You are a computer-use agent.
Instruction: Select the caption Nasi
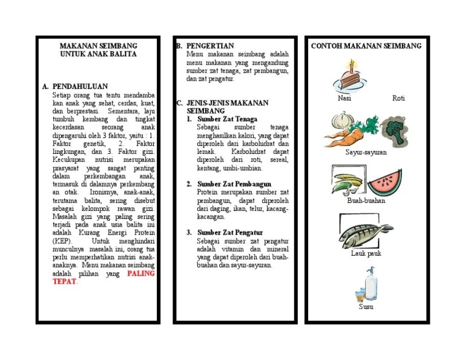pos(344,98)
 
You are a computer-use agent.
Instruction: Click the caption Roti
pos(398,98)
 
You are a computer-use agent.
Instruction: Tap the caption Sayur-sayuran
pos(366,152)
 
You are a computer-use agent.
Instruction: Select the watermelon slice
pos(384,182)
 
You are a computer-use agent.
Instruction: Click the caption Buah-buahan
pos(366,201)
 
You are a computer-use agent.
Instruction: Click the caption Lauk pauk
pos(366,253)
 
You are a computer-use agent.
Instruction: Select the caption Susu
pos(366,307)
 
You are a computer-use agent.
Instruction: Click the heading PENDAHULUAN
pos(79,87)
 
